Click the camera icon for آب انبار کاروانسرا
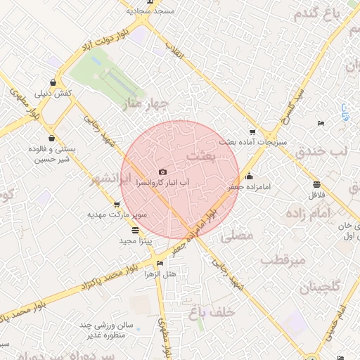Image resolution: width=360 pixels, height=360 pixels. coord(163,172)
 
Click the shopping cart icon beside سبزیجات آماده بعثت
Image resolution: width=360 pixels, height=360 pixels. coord(252,131)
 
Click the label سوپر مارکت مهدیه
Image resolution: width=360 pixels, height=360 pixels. coord(117,213)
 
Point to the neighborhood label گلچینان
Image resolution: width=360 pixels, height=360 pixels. coord(320,287)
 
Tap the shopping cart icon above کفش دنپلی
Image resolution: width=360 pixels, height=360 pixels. coord(53,82)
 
